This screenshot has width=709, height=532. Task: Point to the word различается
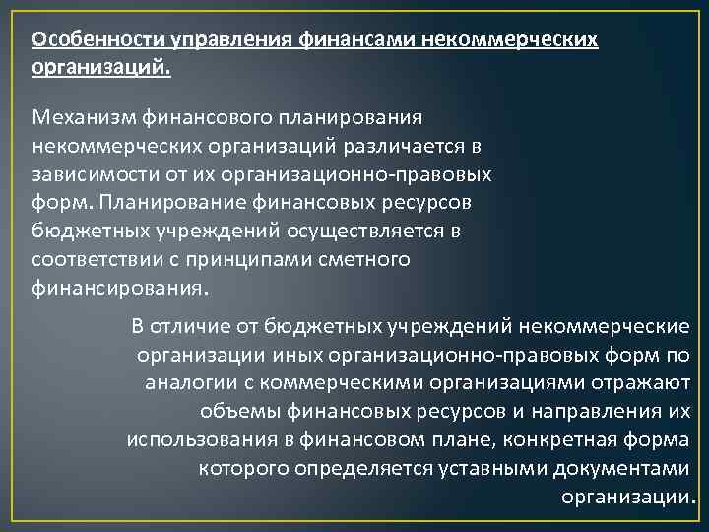(407, 146)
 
